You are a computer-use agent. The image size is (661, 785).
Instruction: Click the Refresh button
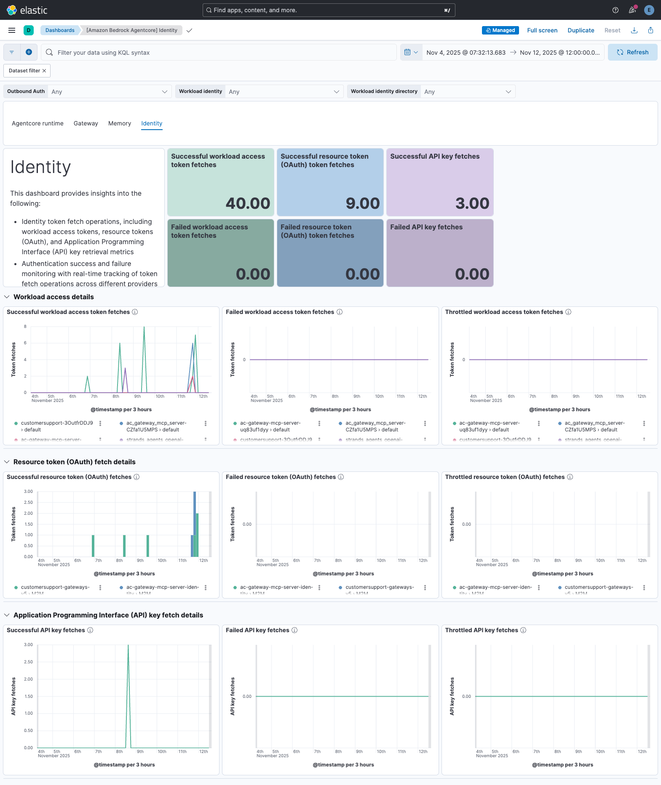(632, 52)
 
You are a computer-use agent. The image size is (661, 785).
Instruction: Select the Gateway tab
(86, 123)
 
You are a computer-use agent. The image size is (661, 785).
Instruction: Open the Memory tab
(120, 123)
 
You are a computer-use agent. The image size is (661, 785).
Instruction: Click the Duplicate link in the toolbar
(581, 30)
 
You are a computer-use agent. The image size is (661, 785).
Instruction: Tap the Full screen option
(542, 30)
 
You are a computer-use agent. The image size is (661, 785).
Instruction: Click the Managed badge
(500, 30)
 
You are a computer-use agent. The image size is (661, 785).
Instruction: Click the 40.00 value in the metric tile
(248, 203)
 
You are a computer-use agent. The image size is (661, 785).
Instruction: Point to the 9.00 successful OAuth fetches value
(362, 203)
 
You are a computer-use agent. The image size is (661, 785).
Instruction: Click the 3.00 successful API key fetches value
(472, 203)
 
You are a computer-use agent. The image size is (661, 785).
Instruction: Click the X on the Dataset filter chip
(44, 71)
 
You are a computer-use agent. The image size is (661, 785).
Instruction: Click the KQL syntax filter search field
(219, 52)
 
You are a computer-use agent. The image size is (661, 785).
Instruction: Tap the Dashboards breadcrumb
(60, 30)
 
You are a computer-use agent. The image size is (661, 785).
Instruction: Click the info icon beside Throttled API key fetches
(523, 630)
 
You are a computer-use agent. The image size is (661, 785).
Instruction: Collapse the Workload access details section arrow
(7, 297)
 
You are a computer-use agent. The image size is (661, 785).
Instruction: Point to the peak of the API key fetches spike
(128, 645)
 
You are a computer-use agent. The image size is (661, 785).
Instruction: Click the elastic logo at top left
(27, 10)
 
